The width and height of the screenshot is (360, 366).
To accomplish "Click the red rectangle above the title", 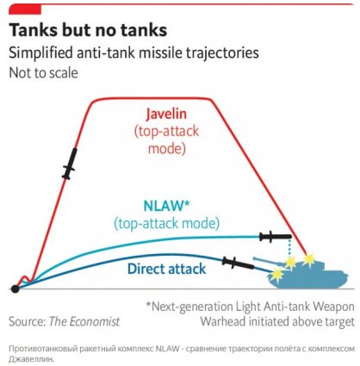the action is coord(25,9).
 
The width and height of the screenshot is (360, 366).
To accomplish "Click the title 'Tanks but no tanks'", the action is coord(88,30).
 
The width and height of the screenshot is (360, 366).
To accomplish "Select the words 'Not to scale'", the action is coord(43,73).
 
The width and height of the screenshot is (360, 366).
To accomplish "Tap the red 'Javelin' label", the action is coord(166,114).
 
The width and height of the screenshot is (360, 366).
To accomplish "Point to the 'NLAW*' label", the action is coord(166,206).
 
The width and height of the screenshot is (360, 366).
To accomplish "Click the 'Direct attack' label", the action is coord(166,269).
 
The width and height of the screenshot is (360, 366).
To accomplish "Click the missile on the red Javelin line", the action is coord(70,164).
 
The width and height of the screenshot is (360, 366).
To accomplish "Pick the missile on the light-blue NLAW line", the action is coord(276,237).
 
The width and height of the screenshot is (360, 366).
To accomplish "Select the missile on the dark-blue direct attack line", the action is coord(238,263).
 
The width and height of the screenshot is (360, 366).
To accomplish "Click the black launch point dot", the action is coord(15,288).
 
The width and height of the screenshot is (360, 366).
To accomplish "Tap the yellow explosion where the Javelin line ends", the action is coord(309,259).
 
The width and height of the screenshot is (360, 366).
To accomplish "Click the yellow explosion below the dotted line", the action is coord(290,262).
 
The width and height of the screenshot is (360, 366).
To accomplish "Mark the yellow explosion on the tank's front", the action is coord(277,274).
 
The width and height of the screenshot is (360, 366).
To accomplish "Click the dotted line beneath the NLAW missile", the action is coord(289,248).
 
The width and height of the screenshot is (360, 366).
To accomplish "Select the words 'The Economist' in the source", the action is coord(84,321).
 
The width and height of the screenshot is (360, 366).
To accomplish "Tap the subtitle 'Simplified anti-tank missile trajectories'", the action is coord(133,53).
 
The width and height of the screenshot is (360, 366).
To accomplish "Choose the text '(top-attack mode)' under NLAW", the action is coord(166,224).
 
